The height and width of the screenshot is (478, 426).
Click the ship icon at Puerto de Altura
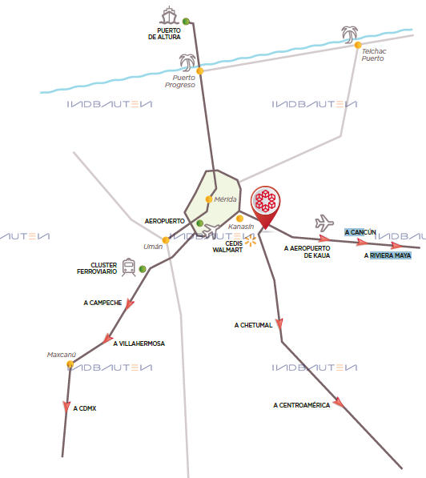[169, 15]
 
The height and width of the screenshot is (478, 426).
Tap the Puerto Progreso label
[180, 82]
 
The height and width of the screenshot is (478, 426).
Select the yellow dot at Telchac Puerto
[358, 45]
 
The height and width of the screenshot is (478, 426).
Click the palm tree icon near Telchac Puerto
[349, 34]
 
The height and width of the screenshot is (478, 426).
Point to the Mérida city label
[225, 199]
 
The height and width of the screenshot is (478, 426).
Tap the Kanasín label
[241, 227]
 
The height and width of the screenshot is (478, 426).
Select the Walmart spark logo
[251, 240]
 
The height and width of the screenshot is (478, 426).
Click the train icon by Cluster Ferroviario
[129, 267]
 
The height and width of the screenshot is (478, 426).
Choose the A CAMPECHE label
[102, 303]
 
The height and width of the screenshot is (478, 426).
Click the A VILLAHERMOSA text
[139, 343]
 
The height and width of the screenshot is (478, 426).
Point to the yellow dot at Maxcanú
[70, 364]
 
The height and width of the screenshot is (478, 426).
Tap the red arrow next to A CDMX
[66, 407]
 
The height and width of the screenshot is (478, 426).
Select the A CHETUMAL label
[253, 325]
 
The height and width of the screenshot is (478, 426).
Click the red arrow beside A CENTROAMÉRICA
[339, 403]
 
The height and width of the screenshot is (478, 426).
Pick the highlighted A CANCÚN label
[360, 232]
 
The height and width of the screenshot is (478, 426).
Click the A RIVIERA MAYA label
[388, 255]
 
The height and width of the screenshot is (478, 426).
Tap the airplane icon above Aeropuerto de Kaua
[324, 223]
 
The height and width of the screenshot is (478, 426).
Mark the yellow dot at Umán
[166, 240]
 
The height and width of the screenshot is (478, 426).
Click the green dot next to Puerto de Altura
[186, 22]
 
